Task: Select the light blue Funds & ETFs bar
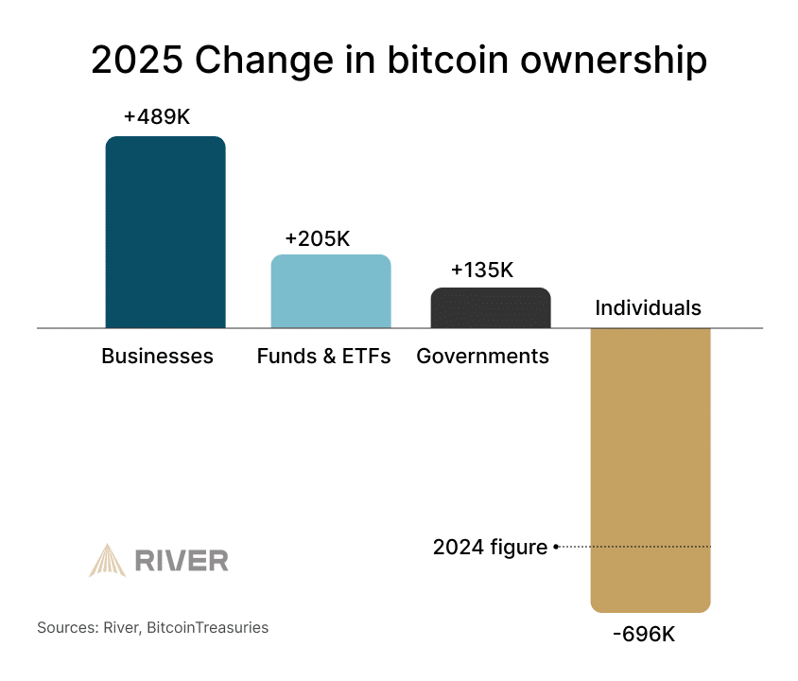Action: [331, 291]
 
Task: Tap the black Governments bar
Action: [491, 307]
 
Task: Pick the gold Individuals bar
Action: [650, 468]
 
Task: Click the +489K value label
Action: [157, 117]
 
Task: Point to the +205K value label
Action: [317, 238]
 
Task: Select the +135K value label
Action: [481, 270]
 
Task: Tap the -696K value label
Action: [644, 634]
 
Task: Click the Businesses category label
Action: [157, 357]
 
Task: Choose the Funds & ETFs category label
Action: [323, 357]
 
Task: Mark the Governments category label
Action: [482, 357]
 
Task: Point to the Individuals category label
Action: [648, 307]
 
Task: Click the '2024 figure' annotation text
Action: [490, 547]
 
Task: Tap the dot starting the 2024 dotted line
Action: [556, 547]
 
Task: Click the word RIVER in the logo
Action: [181, 561]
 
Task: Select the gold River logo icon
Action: [107, 560]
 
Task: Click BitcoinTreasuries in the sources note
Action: [208, 627]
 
